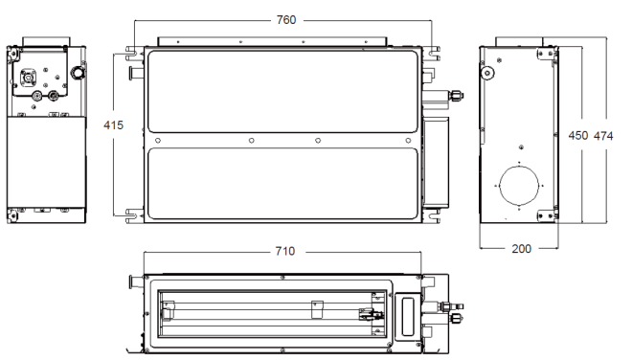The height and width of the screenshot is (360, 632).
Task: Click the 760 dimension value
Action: click(x=286, y=20)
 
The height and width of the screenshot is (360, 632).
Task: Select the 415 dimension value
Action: click(x=113, y=125)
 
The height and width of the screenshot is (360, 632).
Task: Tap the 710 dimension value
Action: click(x=285, y=251)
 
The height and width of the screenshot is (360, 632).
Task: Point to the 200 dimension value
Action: click(x=522, y=249)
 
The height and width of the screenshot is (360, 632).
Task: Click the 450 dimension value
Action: click(x=578, y=135)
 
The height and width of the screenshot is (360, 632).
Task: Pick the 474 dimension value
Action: click(x=603, y=136)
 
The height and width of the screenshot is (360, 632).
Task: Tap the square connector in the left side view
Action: click(x=28, y=77)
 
